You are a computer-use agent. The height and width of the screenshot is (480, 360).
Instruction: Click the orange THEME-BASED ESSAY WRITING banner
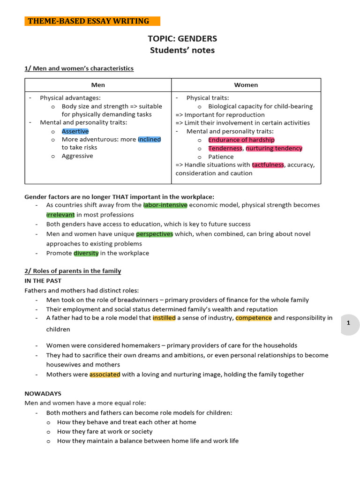(x=92, y=21)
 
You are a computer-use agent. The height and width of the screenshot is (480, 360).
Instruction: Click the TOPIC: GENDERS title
(x=182, y=38)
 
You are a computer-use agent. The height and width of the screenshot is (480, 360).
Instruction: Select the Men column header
(x=98, y=85)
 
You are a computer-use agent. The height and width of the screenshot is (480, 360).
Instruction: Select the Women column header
(x=246, y=85)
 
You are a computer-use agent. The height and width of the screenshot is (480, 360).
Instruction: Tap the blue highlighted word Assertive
(x=75, y=131)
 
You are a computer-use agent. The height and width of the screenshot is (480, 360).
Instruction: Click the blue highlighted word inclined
(x=150, y=139)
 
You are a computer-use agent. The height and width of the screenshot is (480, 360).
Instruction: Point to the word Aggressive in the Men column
(x=77, y=156)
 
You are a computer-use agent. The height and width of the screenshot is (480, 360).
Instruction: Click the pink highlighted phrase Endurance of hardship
(x=241, y=140)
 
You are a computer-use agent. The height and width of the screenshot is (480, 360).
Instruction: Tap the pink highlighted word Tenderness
(x=225, y=148)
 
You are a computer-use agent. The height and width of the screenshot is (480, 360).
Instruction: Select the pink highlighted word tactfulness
(x=268, y=165)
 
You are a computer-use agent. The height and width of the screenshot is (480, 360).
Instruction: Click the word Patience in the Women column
(x=221, y=157)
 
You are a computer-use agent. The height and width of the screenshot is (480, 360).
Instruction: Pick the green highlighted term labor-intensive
(x=165, y=205)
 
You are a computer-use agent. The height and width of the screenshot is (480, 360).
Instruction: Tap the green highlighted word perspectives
(x=154, y=234)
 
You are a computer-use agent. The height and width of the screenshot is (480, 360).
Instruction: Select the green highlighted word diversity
(x=86, y=253)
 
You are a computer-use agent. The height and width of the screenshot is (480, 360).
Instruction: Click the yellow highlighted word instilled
(x=164, y=318)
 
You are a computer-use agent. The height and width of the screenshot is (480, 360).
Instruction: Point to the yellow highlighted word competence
(x=254, y=318)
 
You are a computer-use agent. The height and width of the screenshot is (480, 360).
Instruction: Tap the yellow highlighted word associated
(x=105, y=375)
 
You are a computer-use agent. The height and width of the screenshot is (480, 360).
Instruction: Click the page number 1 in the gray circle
(x=348, y=323)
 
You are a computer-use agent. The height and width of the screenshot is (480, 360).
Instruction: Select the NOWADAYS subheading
(x=43, y=394)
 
